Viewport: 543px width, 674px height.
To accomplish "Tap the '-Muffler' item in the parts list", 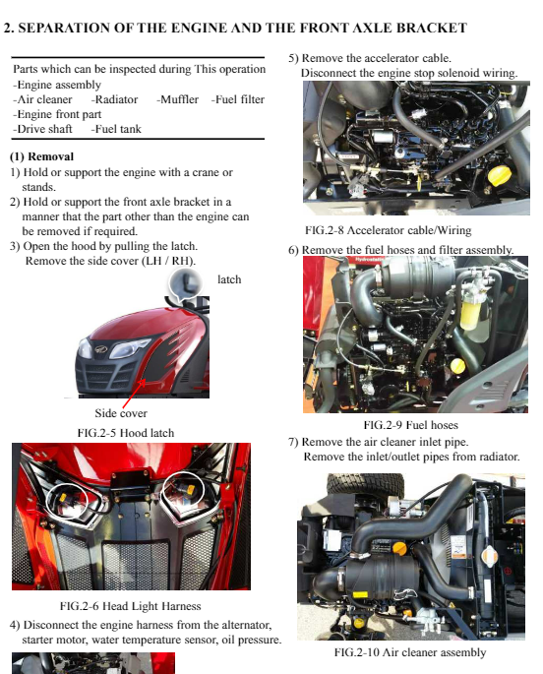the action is pyautogui.click(x=177, y=99).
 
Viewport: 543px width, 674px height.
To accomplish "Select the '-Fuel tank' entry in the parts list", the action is pyautogui.click(x=116, y=129).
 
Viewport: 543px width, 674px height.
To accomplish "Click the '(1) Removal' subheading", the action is pyautogui.click(x=41, y=156).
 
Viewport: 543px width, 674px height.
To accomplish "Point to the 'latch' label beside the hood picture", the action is pyautogui.click(x=229, y=279).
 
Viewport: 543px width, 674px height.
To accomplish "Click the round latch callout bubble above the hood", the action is pyautogui.click(x=185, y=283).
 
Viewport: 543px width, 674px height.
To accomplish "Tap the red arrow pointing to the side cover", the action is pyautogui.click(x=134, y=394).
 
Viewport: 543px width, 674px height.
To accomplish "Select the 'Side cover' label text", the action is pyautogui.click(x=121, y=413).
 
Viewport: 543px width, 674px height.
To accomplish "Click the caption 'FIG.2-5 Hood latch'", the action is pyautogui.click(x=126, y=433).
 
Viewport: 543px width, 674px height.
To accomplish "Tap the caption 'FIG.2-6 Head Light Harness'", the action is pyautogui.click(x=131, y=606).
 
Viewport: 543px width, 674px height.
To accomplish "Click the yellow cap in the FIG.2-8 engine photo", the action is pyautogui.click(x=500, y=176).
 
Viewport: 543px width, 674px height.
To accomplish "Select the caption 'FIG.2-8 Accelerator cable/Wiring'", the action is pyautogui.click(x=389, y=230).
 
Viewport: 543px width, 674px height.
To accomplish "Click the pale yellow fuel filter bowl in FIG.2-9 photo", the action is pyautogui.click(x=470, y=312).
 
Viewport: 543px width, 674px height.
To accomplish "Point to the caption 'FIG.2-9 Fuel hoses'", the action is pyautogui.click(x=410, y=425).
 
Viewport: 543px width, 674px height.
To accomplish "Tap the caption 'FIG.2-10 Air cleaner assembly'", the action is pyautogui.click(x=410, y=652).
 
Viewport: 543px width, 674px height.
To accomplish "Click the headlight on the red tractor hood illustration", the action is pyautogui.click(x=129, y=347).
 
